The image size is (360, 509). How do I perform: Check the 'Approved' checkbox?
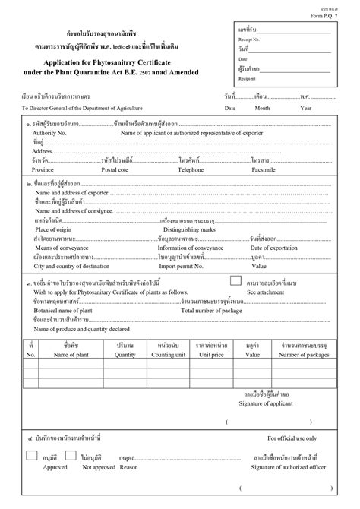point(31,456)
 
